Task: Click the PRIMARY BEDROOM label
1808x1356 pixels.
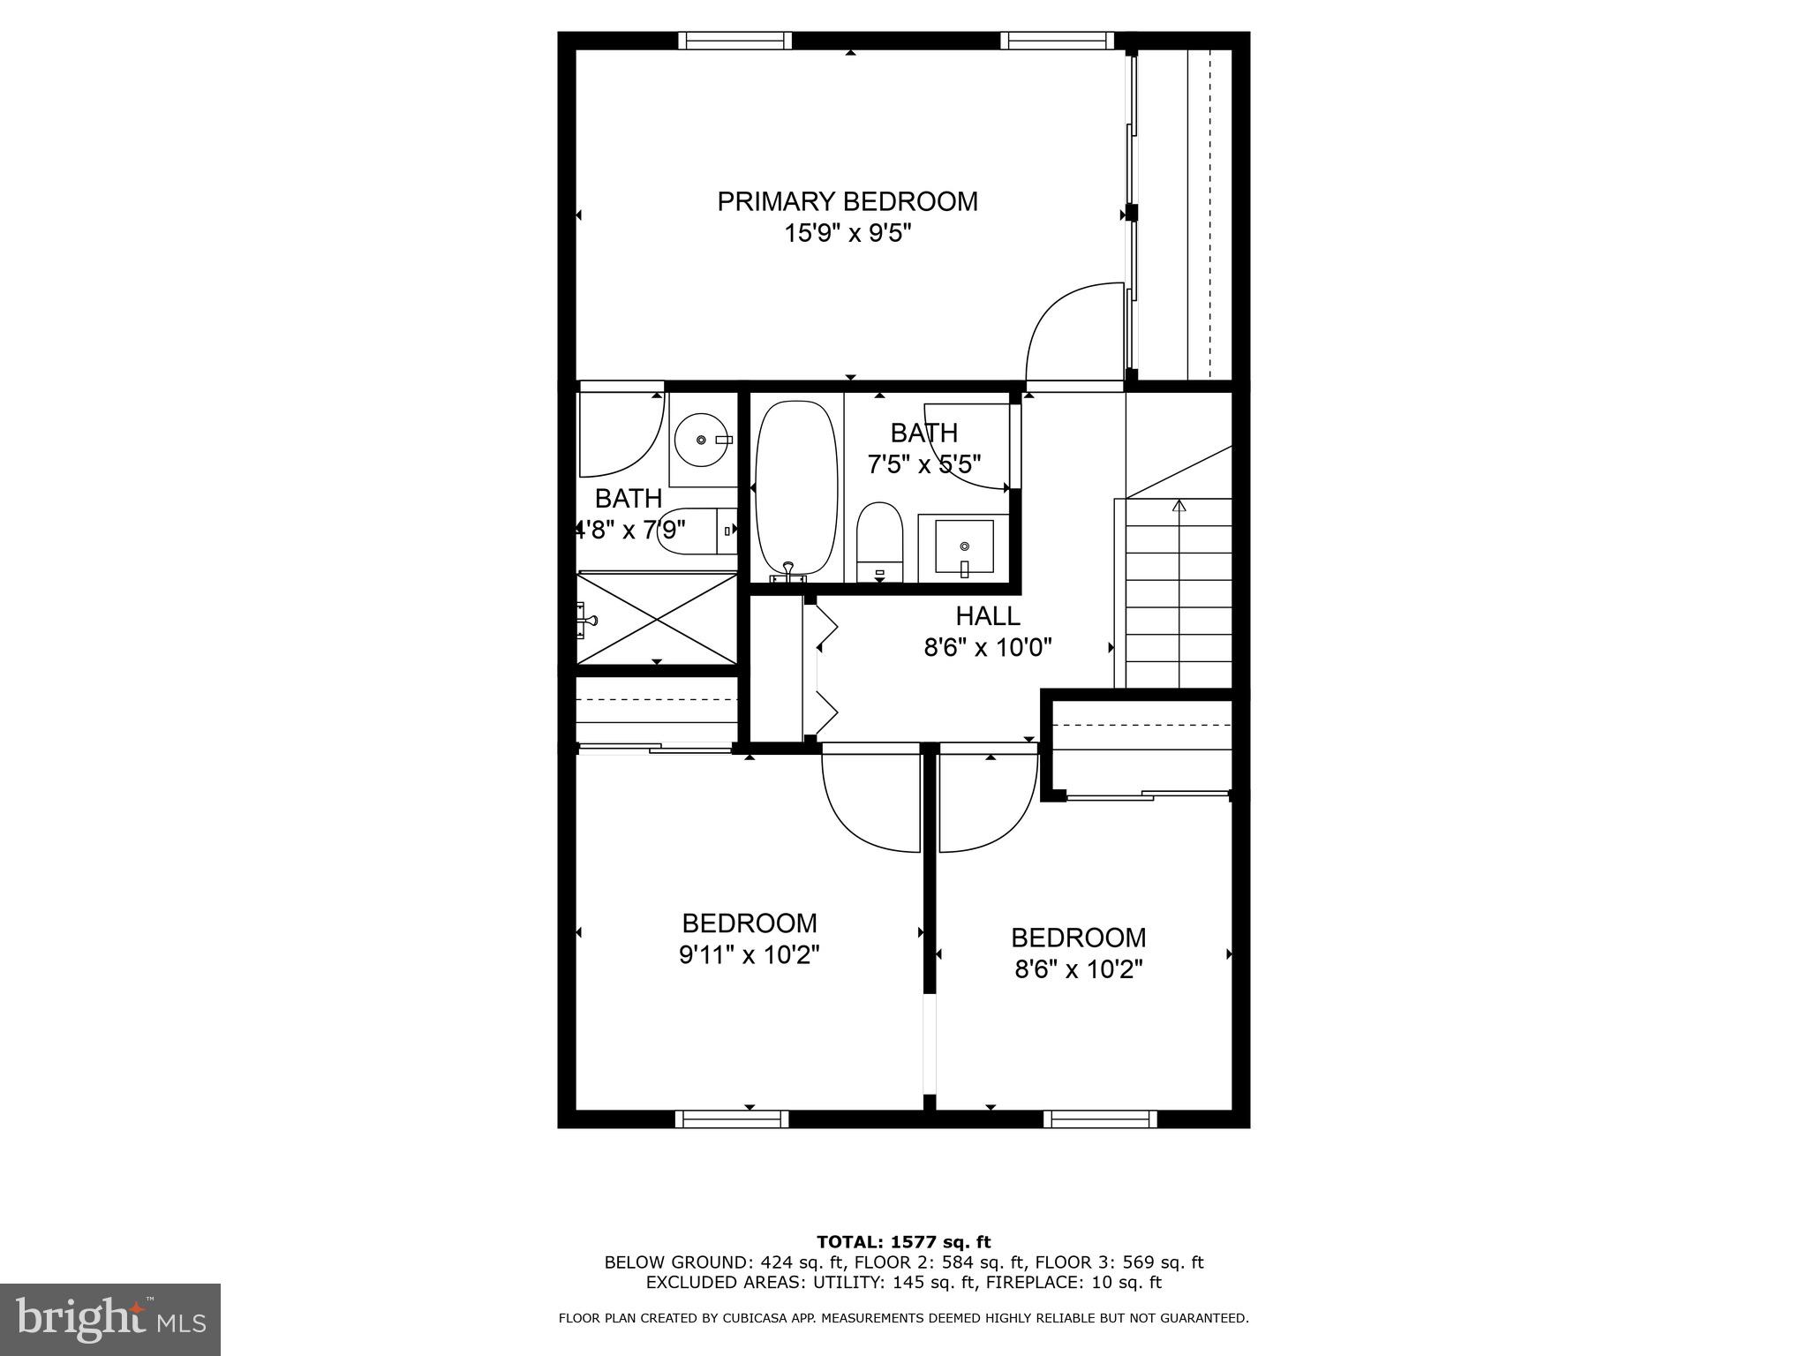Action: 847,202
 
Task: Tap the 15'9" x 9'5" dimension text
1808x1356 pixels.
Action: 847,234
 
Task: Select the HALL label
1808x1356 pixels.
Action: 987,615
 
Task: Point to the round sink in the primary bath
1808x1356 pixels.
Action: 702,440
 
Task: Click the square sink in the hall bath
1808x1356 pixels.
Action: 964,546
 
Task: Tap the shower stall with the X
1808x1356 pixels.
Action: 657,617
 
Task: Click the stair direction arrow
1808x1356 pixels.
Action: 1179,506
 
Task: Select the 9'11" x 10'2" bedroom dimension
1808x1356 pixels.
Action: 749,955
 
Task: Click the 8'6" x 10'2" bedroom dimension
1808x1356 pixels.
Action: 1078,969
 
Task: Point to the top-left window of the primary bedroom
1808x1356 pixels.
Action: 734,41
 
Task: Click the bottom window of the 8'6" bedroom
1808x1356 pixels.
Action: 1099,1119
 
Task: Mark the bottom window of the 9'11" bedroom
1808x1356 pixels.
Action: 732,1119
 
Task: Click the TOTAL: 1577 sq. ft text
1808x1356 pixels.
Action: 903,1242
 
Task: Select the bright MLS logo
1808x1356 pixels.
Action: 110,1319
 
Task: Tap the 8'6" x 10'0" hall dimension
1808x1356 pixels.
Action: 987,648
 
